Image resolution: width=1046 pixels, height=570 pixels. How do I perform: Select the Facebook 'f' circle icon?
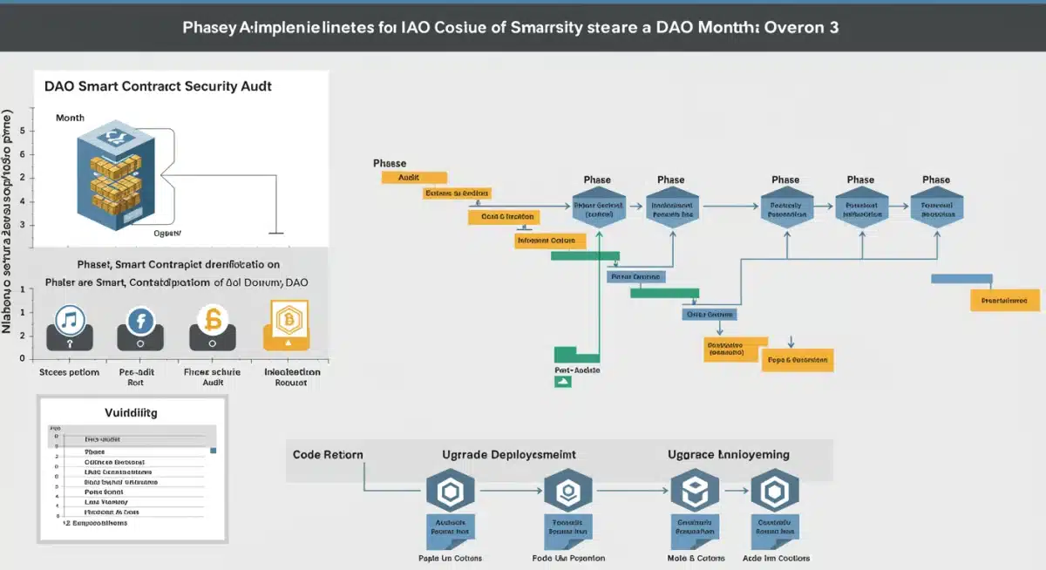(140, 321)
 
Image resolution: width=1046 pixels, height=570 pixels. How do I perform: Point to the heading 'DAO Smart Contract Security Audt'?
(158, 87)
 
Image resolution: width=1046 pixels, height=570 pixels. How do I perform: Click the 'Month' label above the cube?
(70, 117)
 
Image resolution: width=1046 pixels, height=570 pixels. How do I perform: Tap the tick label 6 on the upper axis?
(33, 154)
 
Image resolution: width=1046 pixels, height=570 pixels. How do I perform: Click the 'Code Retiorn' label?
(328, 454)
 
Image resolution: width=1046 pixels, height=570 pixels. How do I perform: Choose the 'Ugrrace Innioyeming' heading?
(729, 454)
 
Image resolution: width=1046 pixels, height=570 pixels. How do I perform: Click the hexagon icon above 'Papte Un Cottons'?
(451, 493)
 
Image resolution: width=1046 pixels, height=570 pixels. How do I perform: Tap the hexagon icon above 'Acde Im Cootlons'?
(775, 493)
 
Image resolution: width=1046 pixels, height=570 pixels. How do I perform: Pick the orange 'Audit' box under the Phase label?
(414, 177)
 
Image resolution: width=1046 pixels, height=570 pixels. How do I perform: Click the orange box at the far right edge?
(1004, 300)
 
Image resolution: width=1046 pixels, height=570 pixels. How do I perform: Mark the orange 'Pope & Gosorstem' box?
(797, 359)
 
